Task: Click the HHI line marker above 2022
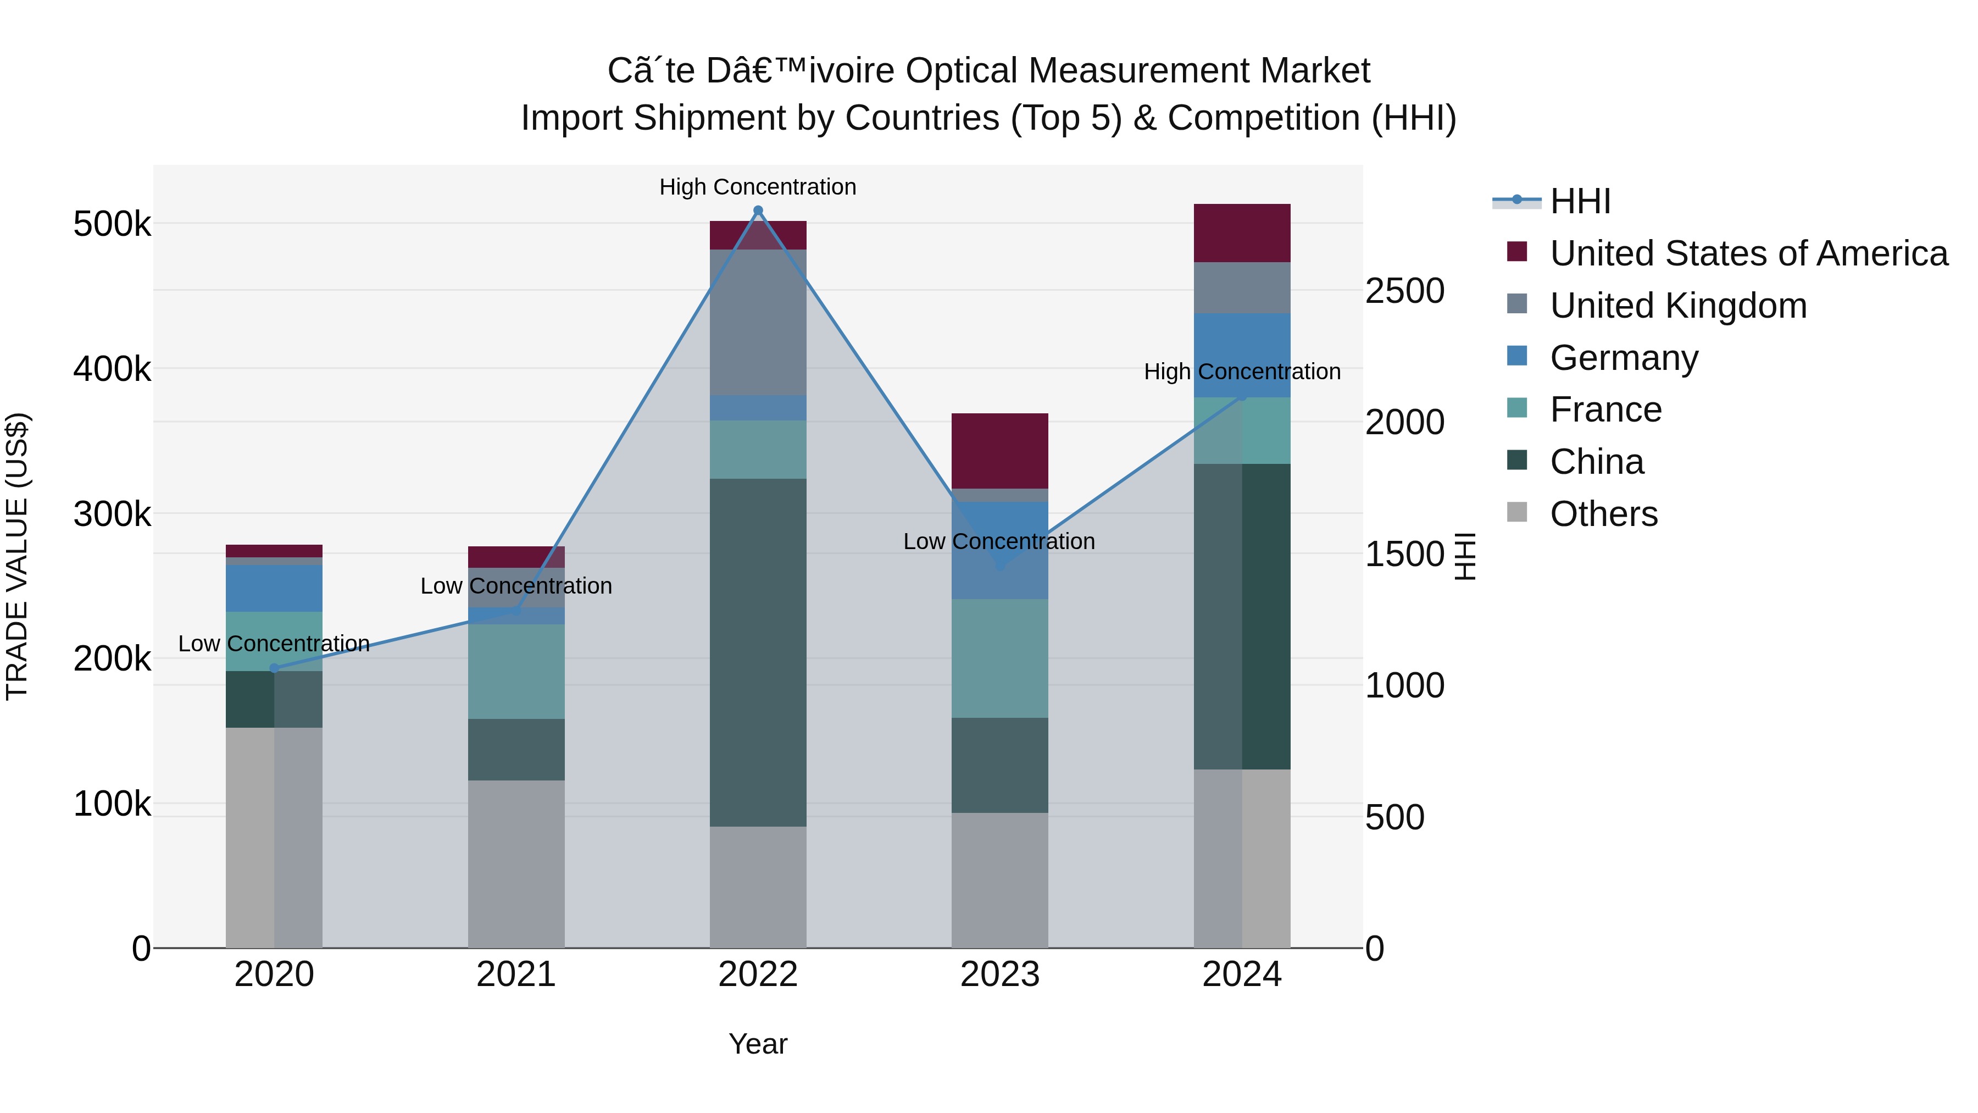(x=758, y=211)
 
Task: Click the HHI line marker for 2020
(x=274, y=668)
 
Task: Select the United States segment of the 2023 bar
(x=1000, y=451)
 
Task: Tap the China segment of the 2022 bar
(x=758, y=653)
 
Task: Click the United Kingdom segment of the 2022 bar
(x=758, y=323)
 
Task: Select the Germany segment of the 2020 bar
(x=274, y=588)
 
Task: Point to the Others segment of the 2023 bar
(x=1000, y=879)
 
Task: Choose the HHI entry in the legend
(x=1580, y=201)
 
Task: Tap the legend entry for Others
(x=1603, y=514)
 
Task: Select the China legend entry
(x=1596, y=462)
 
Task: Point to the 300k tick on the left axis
(x=112, y=514)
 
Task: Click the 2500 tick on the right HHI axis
(x=1404, y=291)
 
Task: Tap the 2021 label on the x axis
(x=516, y=974)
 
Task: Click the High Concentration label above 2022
(x=758, y=187)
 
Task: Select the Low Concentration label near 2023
(x=998, y=541)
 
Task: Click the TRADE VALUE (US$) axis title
(x=17, y=556)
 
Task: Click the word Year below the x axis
(x=758, y=1044)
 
